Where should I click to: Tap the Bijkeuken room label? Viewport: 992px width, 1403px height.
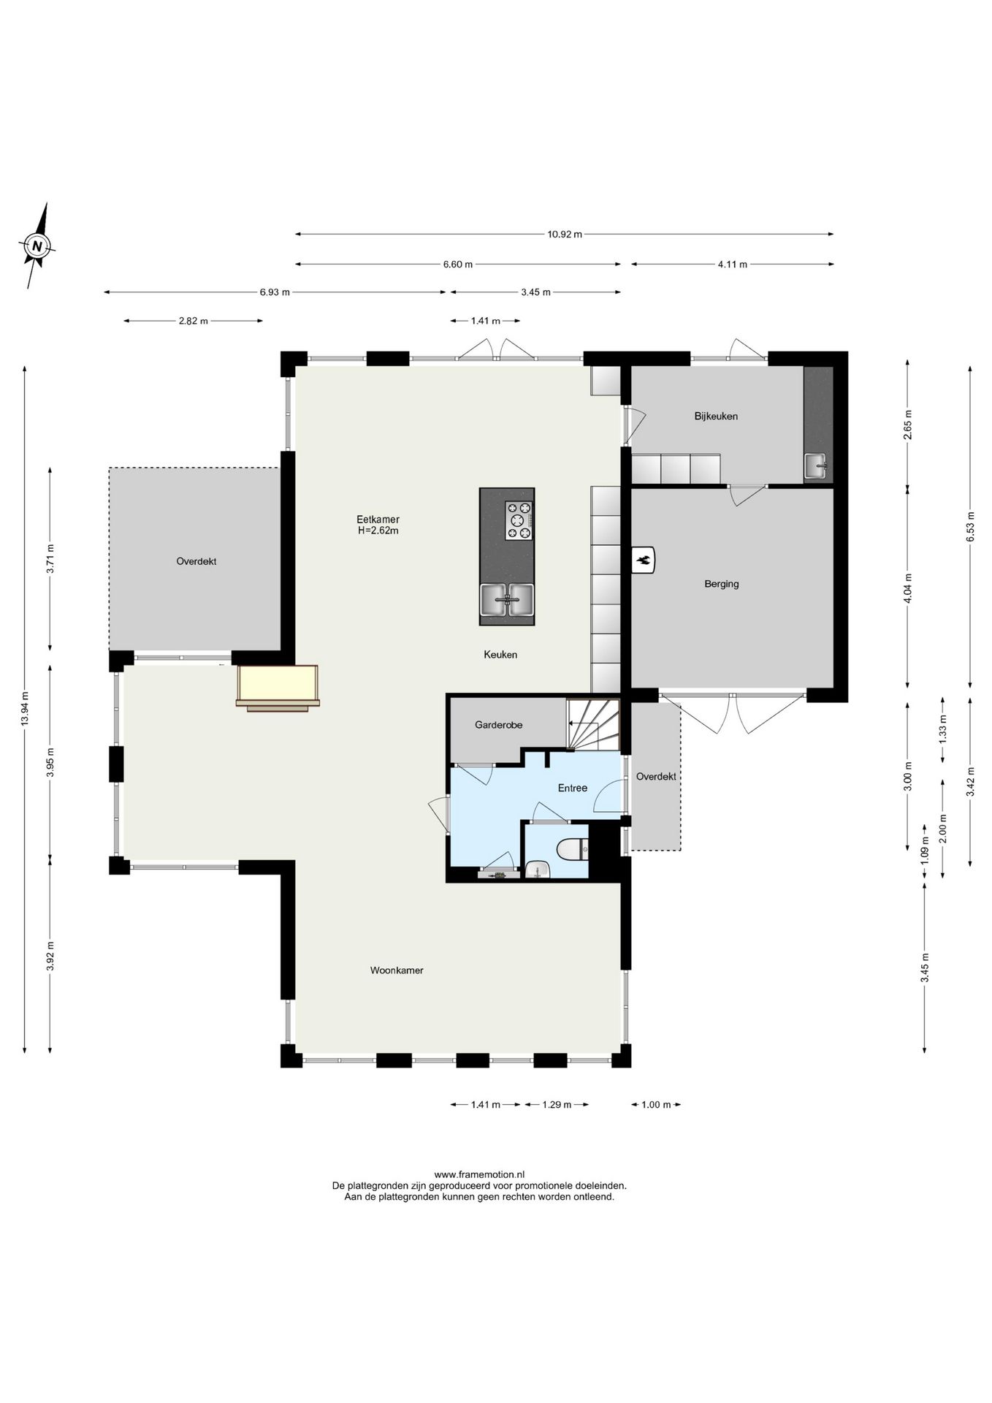(x=716, y=417)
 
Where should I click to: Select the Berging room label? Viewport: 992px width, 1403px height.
(x=722, y=584)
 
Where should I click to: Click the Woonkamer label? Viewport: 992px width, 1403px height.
(x=397, y=970)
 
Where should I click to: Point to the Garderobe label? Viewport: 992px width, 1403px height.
(x=498, y=725)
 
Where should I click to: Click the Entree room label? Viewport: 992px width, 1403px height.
(x=573, y=788)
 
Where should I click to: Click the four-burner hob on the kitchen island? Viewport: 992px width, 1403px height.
(x=519, y=520)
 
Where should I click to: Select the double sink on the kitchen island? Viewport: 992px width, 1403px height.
(x=507, y=600)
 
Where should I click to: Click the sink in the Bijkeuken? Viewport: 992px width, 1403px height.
(x=817, y=465)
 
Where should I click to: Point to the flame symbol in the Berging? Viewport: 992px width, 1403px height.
(x=644, y=561)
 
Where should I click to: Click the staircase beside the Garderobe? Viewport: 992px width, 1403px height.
(x=593, y=724)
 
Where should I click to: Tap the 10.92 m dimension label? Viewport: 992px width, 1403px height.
(x=565, y=235)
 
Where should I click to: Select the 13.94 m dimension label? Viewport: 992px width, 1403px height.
(x=25, y=708)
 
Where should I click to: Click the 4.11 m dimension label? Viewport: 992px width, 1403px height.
(x=732, y=265)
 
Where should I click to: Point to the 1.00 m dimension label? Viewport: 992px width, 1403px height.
(x=655, y=1105)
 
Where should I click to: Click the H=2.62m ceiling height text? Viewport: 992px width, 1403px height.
(x=378, y=531)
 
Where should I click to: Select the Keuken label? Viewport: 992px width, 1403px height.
(x=500, y=655)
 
